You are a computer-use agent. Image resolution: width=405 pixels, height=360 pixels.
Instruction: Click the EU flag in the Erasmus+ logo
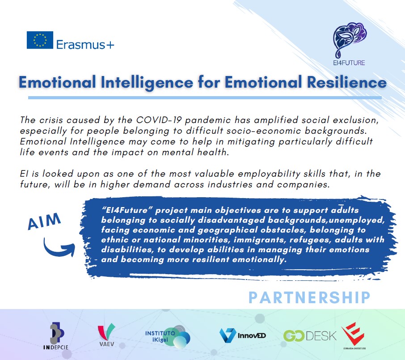click(40, 40)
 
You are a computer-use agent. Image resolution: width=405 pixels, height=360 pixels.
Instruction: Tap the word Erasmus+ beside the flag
click(85, 45)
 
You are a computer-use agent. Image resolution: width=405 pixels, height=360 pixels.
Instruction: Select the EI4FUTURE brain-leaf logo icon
click(350, 40)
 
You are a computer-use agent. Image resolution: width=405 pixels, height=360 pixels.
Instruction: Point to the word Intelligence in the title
click(147, 83)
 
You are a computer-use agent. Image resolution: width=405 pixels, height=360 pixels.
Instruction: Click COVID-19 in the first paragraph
click(159, 120)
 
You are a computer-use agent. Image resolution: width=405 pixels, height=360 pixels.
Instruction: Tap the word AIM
click(44, 221)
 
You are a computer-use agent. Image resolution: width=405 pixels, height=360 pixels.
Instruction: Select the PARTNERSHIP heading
click(309, 297)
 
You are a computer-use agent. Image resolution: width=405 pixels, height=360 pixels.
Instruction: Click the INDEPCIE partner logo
click(56, 336)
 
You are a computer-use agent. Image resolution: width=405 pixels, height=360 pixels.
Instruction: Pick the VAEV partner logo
click(106, 335)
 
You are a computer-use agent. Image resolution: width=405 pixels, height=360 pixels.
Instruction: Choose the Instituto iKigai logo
click(168, 336)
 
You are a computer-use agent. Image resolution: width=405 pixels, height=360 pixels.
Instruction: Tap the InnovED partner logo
click(242, 335)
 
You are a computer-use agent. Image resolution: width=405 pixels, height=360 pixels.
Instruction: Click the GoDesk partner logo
click(310, 336)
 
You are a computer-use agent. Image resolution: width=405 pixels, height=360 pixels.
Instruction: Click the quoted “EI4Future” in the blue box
click(125, 210)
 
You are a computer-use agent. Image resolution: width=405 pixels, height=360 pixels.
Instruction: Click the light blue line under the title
click(205, 97)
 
